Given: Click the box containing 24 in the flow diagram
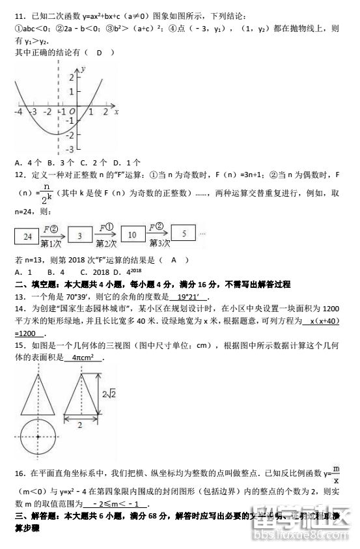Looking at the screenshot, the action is pos(28,235).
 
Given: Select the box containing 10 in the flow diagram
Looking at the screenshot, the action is pos(133,234).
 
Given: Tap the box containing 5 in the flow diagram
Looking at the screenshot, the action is pos(184,232).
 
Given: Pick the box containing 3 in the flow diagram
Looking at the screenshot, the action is pos(79,235).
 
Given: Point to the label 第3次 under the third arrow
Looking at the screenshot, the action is pos(159,244).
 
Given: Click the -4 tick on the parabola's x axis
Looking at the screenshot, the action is pos(19,113).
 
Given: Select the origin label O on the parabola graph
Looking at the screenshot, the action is pos(72,114).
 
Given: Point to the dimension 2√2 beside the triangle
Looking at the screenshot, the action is pos(108,393).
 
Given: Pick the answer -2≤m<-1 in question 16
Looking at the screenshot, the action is pos(120,504).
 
